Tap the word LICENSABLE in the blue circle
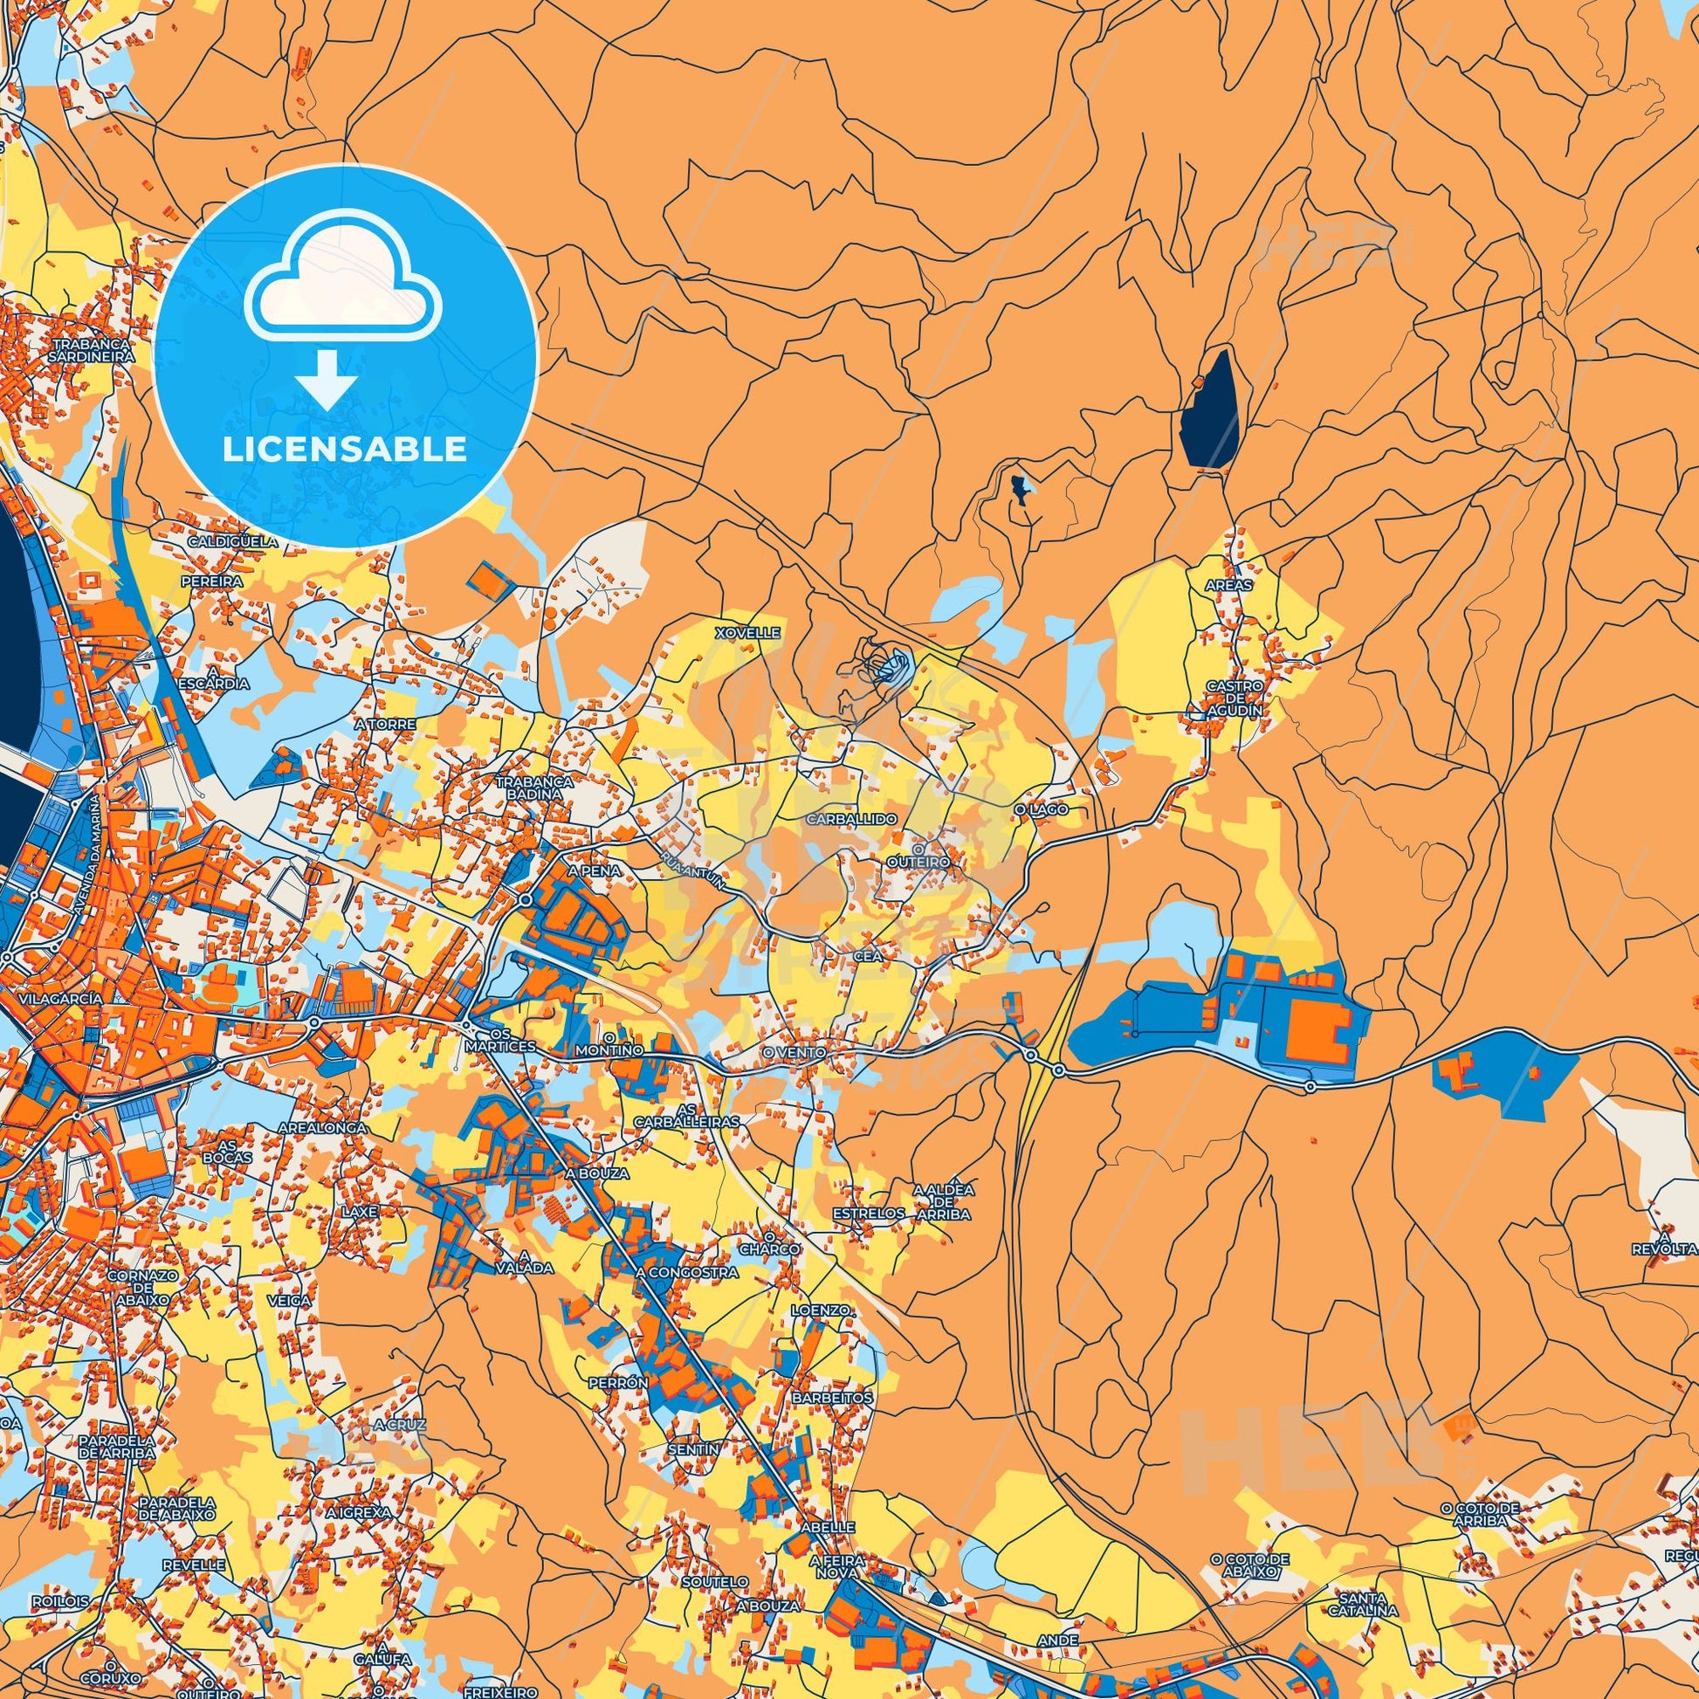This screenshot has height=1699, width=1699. coord(345,450)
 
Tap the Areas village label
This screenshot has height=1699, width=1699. coord(1229,584)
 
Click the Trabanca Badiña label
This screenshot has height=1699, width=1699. coord(534,787)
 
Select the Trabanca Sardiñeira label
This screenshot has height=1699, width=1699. coord(93,351)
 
